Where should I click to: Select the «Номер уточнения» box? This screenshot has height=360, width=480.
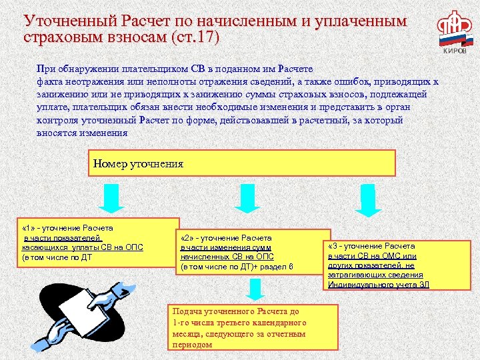point(242,163)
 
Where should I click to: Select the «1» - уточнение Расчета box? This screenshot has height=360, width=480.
point(99,241)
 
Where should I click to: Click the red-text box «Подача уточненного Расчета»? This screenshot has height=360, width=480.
point(253,327)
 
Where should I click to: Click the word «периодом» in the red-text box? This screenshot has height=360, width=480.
point(192,345)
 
